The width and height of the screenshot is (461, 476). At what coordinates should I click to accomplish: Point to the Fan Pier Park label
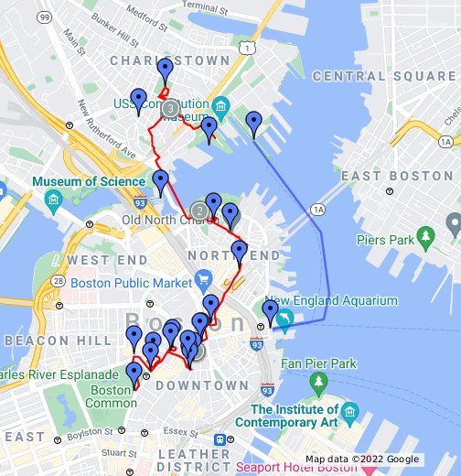(318, 363)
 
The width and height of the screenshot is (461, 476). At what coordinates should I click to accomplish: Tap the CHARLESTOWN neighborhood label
(169, 60)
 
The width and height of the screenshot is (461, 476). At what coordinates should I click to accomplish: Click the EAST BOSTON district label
(398, 175)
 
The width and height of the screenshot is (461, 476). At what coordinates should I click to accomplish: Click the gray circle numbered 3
(171, 108)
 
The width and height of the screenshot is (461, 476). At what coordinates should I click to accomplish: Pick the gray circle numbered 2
(200, 211)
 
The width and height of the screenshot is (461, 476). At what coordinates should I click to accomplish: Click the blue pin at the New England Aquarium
(270, 312)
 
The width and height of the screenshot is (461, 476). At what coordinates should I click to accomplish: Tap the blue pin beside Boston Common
(134, 373)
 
